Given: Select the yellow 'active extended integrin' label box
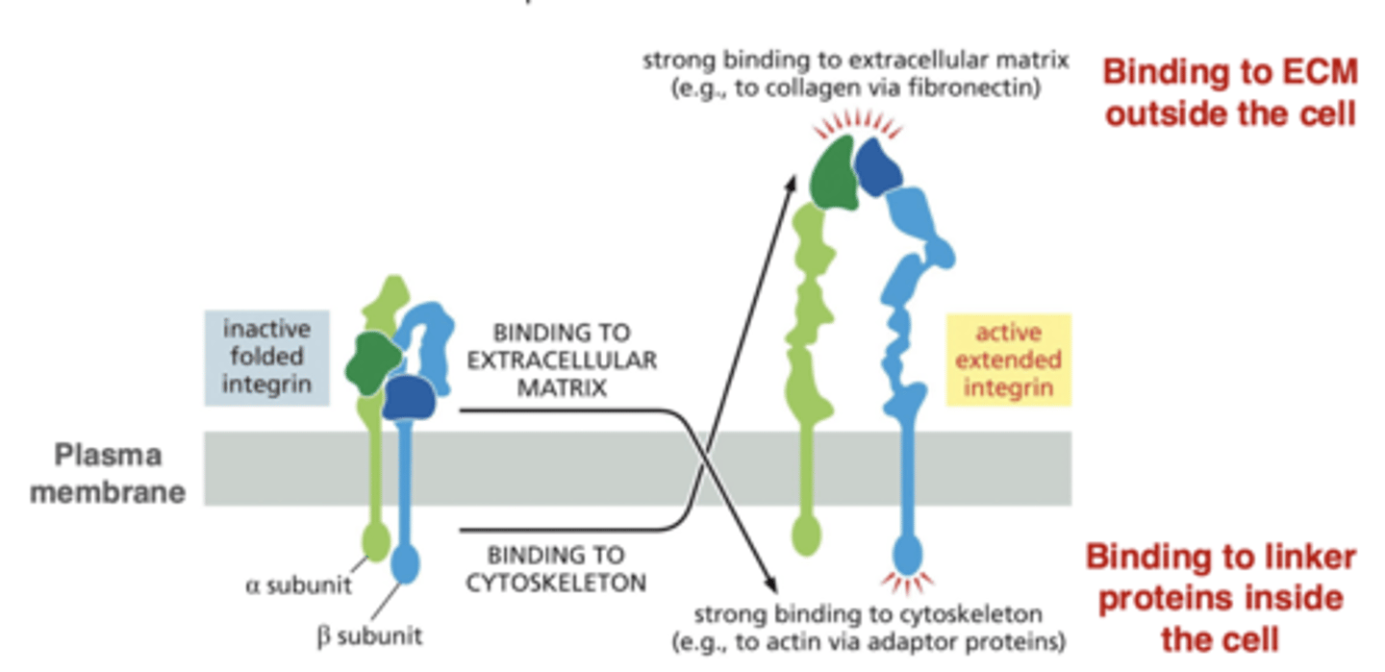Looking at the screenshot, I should [1007, 361].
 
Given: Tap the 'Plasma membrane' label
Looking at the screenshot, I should [107, 474].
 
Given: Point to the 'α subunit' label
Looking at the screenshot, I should [298, 584].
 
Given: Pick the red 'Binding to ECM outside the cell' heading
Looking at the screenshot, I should [1229, 93].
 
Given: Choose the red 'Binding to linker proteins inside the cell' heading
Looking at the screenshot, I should [1221, 597].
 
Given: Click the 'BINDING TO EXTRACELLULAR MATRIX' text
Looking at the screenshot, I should [561, 361].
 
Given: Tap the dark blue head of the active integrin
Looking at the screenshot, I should [878, 164].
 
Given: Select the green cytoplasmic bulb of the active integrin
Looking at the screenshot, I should [806, 535].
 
